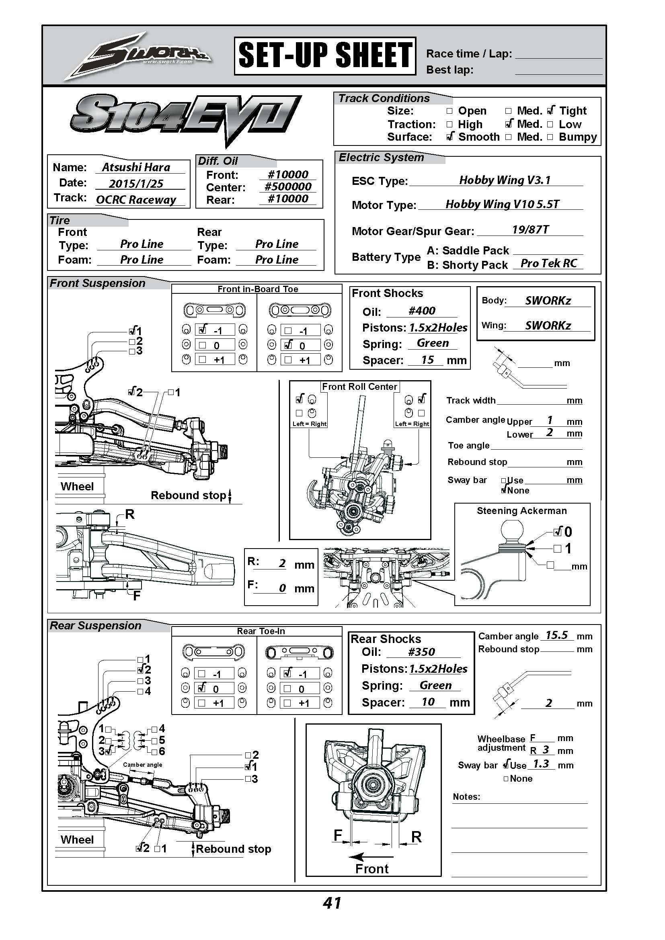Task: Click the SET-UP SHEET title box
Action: [325, 56]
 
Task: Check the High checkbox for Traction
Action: [449, 124]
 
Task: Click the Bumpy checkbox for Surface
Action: [550, 137]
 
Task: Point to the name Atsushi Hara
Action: [136, 168]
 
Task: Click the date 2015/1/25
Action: [136, 183]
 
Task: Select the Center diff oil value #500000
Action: [288, 187]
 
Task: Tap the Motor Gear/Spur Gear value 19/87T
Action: [530, 230]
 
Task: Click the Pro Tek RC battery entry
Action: [548, 264]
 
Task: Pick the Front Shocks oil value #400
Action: [422, 311]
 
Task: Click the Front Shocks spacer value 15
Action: [427, 360]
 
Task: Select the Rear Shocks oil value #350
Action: [421, 652]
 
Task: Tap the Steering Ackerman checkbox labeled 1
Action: [557, 549]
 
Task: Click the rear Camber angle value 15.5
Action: [556, 635]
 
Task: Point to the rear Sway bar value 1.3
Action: [540, 764]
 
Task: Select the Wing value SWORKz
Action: [548, 326]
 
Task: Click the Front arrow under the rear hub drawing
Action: [371, 856]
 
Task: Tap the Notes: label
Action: [466, 797]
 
